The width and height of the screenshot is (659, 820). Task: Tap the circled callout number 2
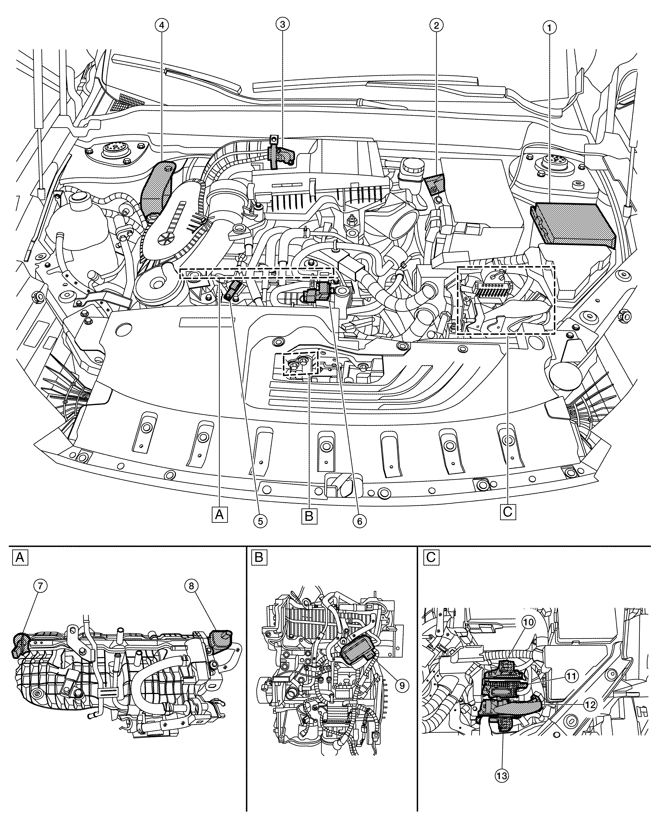pos(436,25)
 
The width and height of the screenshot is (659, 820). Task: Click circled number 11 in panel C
pos(571,676)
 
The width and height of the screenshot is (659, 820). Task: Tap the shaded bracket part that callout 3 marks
pos(281,154)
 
